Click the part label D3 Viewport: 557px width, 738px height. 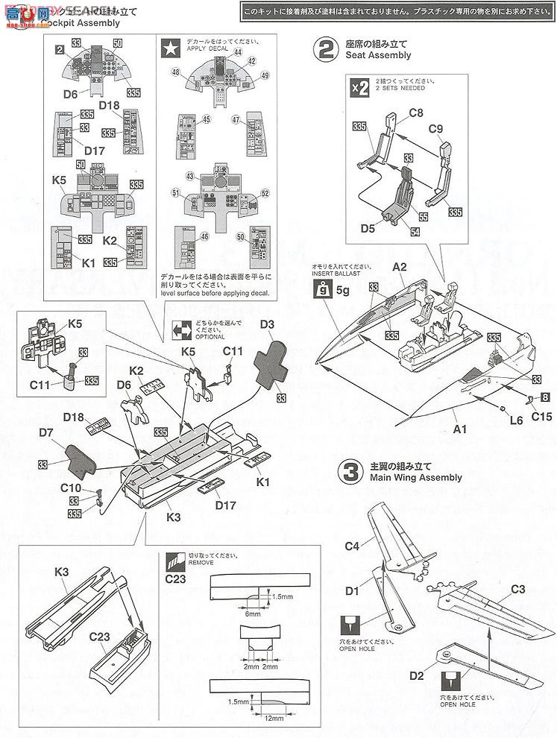coord(268,325)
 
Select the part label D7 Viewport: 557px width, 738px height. coord(47,432)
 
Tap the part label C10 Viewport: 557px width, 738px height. coord(71,489)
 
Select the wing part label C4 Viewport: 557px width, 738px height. coord(352,546)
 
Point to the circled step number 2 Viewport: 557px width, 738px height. coord(326,49)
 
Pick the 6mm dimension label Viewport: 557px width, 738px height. coord(253,614)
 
